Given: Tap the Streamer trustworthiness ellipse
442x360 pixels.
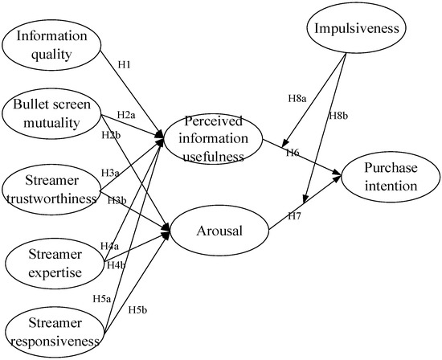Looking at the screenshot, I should click(x=51, y=186).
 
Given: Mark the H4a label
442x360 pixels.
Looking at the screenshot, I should click(x=109, y=245).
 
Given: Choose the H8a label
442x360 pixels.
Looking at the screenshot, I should click(x=297, y=97).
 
